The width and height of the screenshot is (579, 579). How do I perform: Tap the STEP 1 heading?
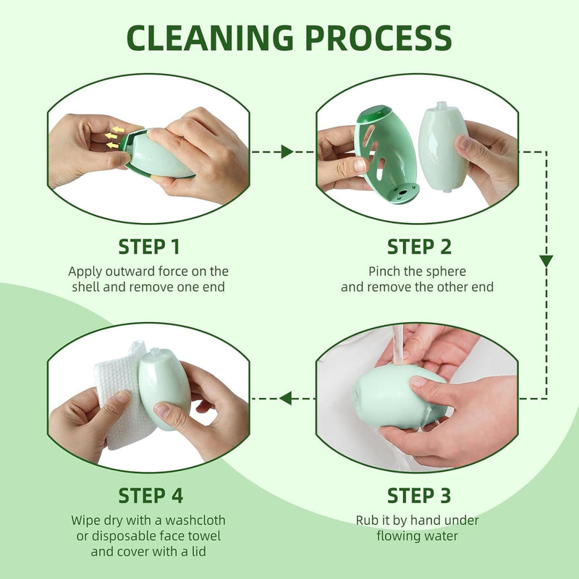(x=148, y=247)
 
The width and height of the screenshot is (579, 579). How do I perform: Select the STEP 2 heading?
(x=419, y=247)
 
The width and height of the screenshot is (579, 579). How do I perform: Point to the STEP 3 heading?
(x=419, y=496)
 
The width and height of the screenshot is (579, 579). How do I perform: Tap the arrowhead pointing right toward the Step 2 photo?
(x=287, y=151)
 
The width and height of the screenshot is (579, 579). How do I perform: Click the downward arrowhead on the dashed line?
(x=546, y=261)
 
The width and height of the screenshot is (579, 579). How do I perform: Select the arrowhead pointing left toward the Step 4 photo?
(x=286, y=397)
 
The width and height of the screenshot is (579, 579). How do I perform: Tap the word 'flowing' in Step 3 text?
(x=398, y=536)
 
